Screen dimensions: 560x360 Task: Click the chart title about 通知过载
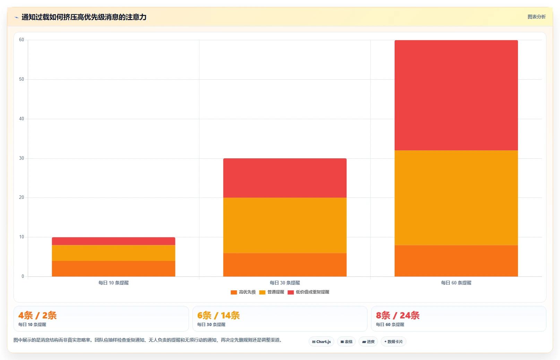coord(84,17)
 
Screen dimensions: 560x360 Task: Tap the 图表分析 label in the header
coord(536,17)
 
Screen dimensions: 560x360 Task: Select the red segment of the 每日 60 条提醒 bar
coord(456,95)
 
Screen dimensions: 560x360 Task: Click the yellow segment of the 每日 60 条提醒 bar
coord(456,197)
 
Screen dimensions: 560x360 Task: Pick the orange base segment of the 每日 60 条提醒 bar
coord(456,261)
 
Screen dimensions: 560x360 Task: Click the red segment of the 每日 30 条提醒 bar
coord(285,178)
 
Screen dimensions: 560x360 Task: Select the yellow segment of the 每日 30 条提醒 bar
coord(285,225)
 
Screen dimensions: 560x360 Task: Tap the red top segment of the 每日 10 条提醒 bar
coord(113,241)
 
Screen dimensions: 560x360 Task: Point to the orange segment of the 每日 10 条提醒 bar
coord(113,269)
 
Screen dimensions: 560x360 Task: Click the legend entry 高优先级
coord(243,292)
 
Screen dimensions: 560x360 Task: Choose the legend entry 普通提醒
coord(272,292)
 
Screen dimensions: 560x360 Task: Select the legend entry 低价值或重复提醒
coord(309,292)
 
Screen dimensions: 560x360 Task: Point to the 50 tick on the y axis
coord(21,79)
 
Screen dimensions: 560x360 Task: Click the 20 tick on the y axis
coord(21,197)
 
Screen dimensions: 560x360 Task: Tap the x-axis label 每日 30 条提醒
coord(285,283)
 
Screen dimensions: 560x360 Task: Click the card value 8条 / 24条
coord(397,315)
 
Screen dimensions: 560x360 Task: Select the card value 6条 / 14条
coord(218,315)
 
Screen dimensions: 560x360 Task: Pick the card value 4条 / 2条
coord(37,315)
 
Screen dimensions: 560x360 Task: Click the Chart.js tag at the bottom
coord(321,342)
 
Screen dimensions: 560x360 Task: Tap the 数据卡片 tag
coord(394,342)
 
